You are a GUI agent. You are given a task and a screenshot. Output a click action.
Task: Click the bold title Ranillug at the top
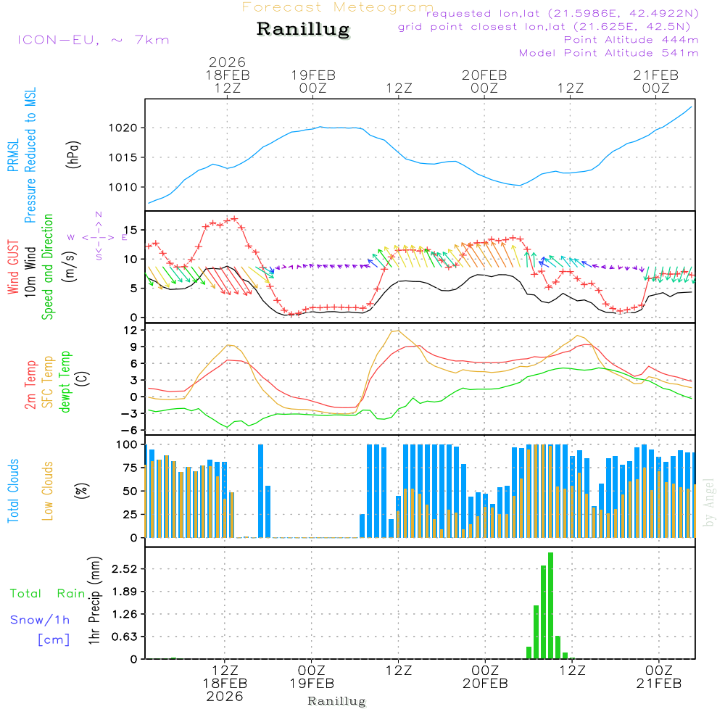point(303,30)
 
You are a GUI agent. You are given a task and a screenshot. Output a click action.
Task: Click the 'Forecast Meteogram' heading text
point(338,7)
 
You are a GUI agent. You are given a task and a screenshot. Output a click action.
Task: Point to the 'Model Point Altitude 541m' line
point(608,53)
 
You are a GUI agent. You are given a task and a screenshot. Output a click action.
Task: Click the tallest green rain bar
point(551,605)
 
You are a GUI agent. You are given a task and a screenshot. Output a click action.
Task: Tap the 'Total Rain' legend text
point(48,594)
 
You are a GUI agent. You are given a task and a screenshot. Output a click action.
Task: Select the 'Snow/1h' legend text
point(40,620)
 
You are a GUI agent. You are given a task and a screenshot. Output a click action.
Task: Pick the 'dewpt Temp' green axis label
point(66,382)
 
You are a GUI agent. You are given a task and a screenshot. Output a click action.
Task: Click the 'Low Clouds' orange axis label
point(48,491)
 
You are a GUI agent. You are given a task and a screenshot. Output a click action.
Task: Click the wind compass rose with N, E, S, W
point(99,236)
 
